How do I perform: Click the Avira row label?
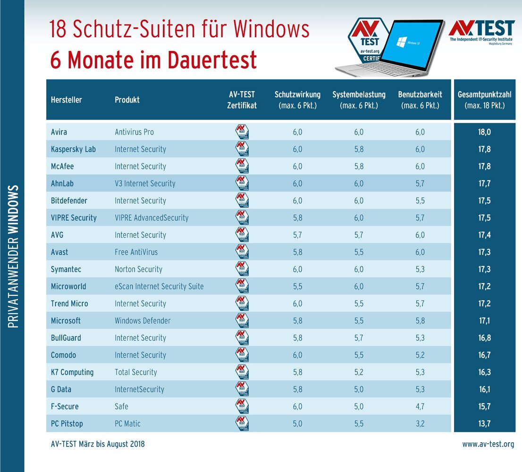click(x=59, y=132)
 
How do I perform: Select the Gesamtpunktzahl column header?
click(x=485, y=100)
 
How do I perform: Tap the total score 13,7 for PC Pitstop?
click(x=485, y=424)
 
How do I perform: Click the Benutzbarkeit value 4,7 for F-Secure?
click(x=420, y=406)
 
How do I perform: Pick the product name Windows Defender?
click(x=143, y=321)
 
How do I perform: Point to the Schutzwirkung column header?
click(x=297, y=100)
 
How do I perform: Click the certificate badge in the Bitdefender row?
click(x=242, y=201)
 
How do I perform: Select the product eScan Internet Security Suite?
click(x=159, y=286)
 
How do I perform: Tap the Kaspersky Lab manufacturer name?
click(x=73, y=149)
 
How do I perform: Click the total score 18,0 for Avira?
click(x=485, y=132)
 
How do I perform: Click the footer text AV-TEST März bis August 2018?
click(x=98, y=444)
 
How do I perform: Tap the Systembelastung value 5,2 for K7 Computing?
click(x=359, y=372)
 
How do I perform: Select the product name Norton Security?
click(x=138, y=269)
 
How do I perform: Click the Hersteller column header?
click(x=66, y=100)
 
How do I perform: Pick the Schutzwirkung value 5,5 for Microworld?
click(x=297, y=286)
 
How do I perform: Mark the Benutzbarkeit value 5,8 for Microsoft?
click(x=420, y=321)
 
